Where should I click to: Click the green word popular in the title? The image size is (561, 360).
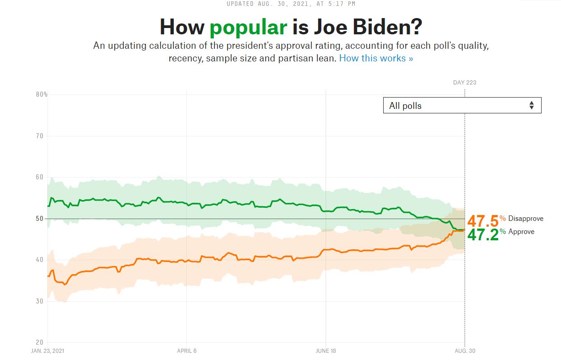coord(248,28)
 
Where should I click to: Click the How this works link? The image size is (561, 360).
coord(376,58)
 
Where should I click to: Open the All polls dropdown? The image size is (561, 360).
coord(462,106)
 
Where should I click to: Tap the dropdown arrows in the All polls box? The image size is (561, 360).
coord(532,106)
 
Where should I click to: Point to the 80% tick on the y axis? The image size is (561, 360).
coord(42,94)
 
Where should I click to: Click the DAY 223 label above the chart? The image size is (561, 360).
coord(464,83)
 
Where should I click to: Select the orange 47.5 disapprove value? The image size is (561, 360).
coord(483,221)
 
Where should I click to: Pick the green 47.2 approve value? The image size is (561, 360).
coord(483,234)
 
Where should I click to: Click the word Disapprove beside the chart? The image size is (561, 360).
coord(526,219)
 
